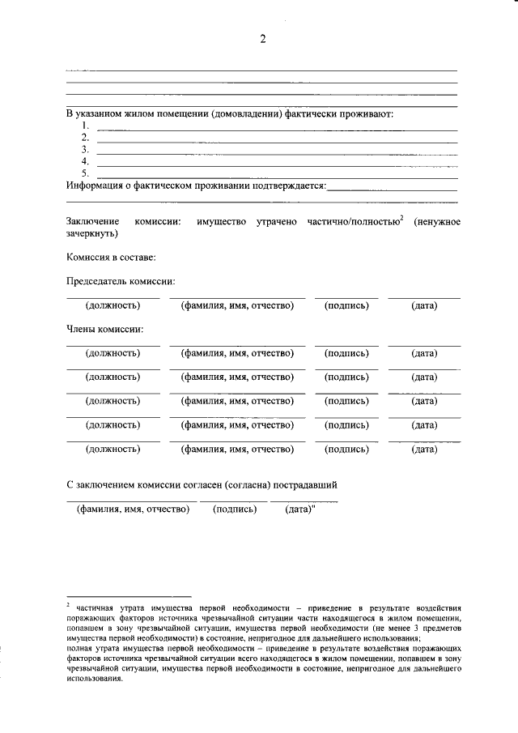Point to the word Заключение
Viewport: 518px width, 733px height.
coord(92,221)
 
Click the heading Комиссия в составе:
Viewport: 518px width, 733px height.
coord(111,257)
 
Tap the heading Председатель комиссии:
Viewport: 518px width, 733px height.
coord(121,281)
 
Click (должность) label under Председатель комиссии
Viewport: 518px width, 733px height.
coord(113,305)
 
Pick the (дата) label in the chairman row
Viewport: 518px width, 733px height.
coord(423,305)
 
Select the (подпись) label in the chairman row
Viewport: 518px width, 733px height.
coord(346,305)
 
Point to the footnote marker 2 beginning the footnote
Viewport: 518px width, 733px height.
coord(68,604)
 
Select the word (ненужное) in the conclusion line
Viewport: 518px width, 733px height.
coord(436,221)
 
